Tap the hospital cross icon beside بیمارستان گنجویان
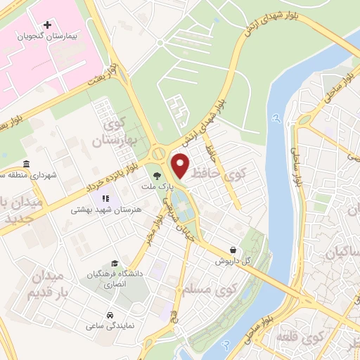pyautogui.click(x=47, y=25)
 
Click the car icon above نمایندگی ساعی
pyautogui.click(x=110, y=314)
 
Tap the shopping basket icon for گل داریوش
pyautogui.click(x=233, y=250)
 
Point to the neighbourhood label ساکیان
pyautogui.click(x=342, y=251)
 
